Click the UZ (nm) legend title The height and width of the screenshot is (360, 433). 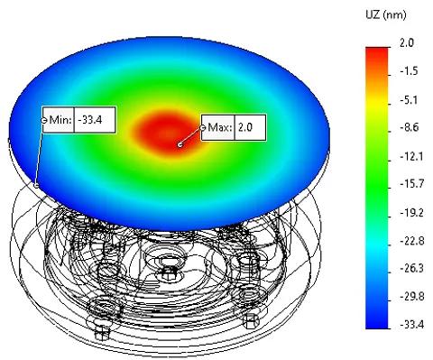pos(386,14)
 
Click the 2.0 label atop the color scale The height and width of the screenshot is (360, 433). pos(407,42)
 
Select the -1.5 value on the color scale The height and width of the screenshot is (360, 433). pos(409,71)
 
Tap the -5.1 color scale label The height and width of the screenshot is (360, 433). pos(409,99)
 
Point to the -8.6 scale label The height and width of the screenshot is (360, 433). pos(410,127)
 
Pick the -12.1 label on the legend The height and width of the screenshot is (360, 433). pos(411,156)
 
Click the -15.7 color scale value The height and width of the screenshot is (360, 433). pos(411,183)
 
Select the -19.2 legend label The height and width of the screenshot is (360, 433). pos(411,213)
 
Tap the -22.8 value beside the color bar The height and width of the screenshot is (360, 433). pos(412,241)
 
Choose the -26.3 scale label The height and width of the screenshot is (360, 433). pos(412,268)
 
